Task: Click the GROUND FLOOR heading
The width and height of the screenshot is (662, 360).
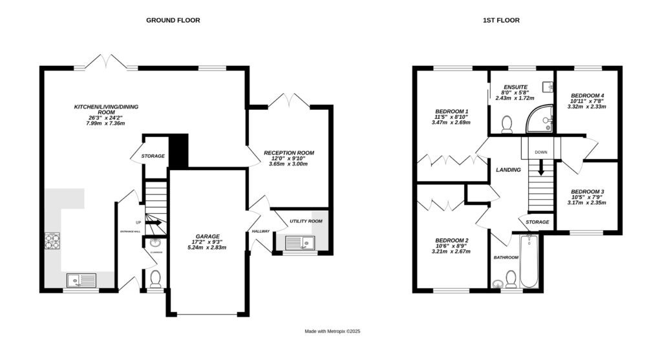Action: point(173,20)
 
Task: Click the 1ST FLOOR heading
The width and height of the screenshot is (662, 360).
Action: point(501,20)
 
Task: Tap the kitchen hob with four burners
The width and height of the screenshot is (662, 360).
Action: point(52,241)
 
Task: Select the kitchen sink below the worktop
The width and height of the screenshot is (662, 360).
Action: point(81,280)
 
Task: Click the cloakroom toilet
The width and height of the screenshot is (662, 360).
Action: point(155,279)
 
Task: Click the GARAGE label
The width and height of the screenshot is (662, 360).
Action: point(208,236)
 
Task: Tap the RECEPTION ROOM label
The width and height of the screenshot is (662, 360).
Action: point(288,153)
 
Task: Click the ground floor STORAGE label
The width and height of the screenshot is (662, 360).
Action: point(153,156)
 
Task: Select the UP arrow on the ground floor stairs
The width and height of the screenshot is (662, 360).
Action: point(154,223)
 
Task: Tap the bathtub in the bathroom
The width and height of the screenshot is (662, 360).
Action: point(529,262)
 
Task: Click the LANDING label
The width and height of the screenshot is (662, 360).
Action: point(508,170)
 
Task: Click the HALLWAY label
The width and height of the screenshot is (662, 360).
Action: point(261,229)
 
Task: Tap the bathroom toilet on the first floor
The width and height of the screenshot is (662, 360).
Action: point(511,279)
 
